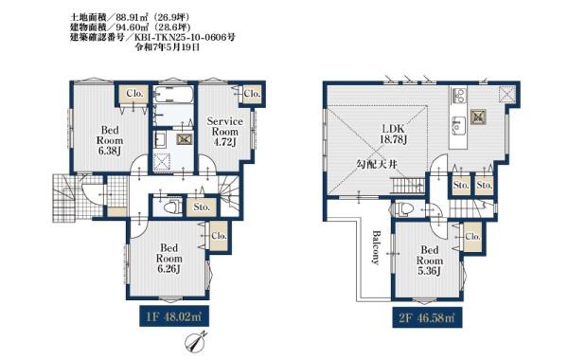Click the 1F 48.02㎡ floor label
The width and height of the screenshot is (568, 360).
tap(174, 317)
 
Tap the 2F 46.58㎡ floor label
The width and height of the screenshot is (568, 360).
tap(427, 317)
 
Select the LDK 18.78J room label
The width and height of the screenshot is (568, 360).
tap(393, 134)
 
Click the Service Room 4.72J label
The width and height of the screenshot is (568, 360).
tap(224, 132)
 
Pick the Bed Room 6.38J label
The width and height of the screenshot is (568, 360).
tap(110, 140)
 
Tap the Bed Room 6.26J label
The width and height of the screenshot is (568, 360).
tap(169, 258)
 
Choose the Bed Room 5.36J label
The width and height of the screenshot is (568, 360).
tap(429, 261)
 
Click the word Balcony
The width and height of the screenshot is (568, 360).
tap(376, 247)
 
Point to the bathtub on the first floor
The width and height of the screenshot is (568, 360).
tap(172, 94)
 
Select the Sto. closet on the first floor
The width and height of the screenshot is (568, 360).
tap(202, 207)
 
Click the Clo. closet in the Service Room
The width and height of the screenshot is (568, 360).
tap(252, 94)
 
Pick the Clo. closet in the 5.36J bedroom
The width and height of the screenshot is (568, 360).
tap(472, 237)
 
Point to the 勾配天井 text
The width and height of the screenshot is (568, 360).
tap(377, 165)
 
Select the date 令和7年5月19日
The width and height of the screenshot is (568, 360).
tap(167, 47)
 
